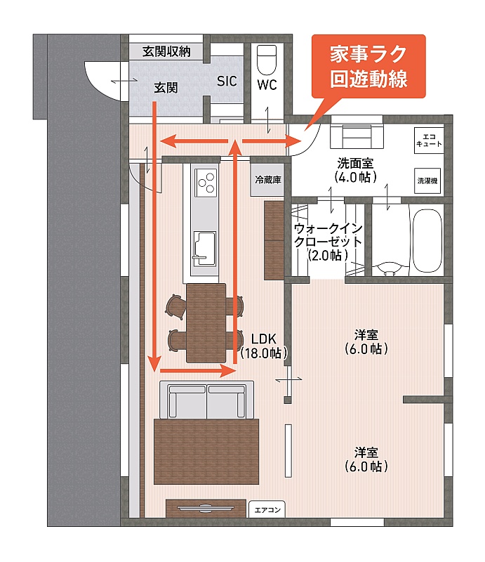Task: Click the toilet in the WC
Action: [x=267, y=59]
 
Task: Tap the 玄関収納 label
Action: [x=166, y=51]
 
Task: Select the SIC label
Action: [x=227, y=81]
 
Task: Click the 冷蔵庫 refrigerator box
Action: [x=268, y=180]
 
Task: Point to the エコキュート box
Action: [x=429, y=140]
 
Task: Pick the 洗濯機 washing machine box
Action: [x=427, y=181]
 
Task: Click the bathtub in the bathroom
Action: [x=427, y=241]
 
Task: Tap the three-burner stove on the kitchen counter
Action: [x=206, y=183]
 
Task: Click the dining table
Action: [x=206, y=322]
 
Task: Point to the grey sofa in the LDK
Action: [x=206, y=400]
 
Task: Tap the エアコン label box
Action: [x=267, y=509]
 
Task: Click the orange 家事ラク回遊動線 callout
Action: [x=368, y=66]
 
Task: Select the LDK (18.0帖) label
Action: [x=264, y=346]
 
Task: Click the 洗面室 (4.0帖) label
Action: [x=355, y=170]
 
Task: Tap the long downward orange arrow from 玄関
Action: [x=154, y=237]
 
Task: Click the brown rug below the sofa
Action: [x=206, y=451]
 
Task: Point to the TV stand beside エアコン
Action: [x=206, y=508]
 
